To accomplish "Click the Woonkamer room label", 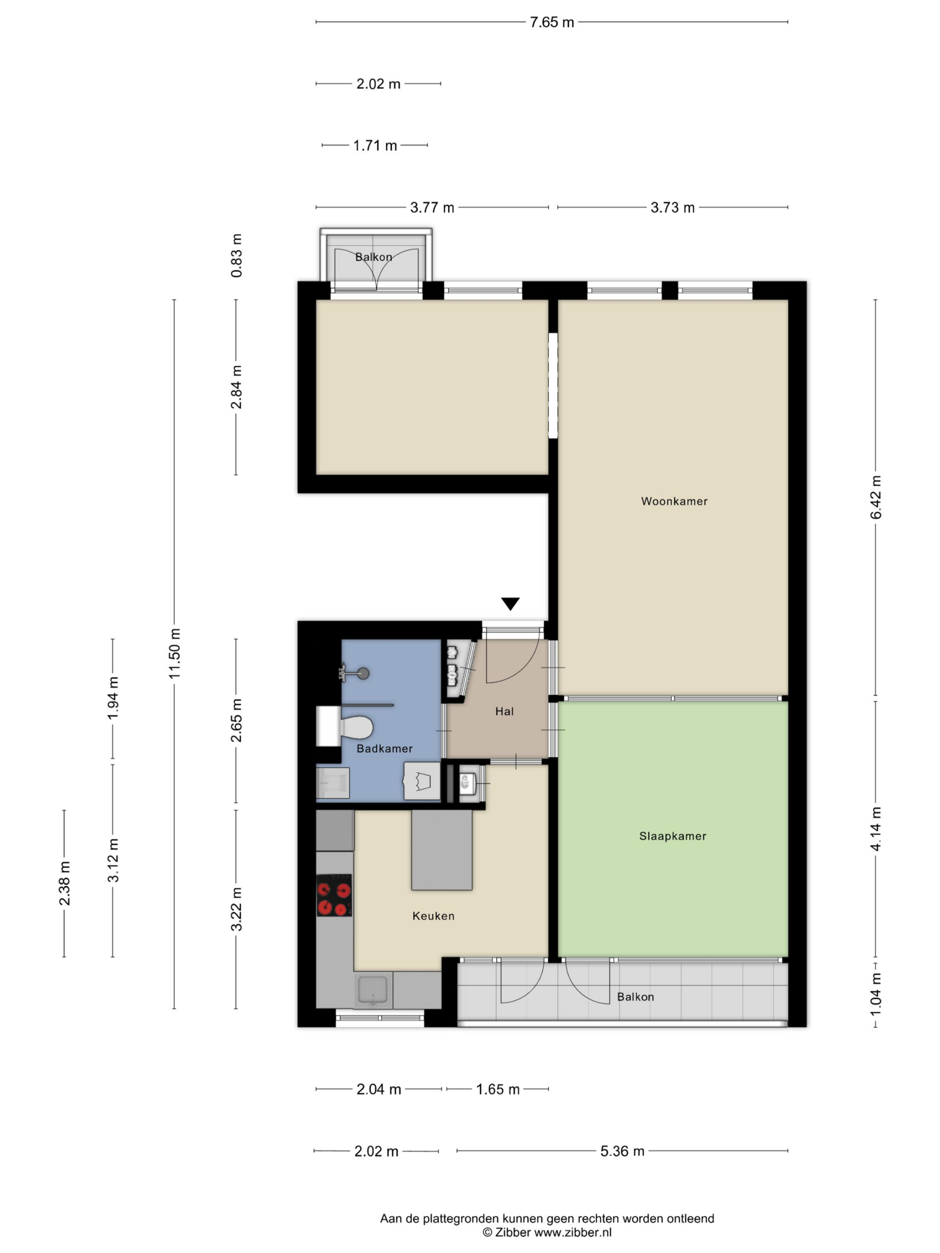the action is pyautogui.click(x=674, y=501).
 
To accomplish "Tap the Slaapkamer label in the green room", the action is pyautogui.click(x=673, y=836).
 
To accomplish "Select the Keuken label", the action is pyautogui.click(x=433, y=916).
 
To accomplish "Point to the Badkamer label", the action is pyautogui.click(x=385, y=748).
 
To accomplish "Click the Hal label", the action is pyautogui.click(x=504, y=712).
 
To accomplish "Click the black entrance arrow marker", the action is pyautogui.click(x=511, y=603).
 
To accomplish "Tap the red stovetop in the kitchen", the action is pyautogui.click(x=334, y=895).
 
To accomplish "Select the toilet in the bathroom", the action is pyautogui.click(x=356, y=727).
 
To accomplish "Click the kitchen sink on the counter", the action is pyautogui.click(x=372, y=991).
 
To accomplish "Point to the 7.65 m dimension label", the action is pyautogui.click(x=552, y=22).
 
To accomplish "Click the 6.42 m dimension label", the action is pyautogui.click(x=876, y=497).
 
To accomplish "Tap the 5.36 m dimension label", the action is pyautogui.click(x=622, y=1151).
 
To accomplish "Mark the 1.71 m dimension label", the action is pyautogui.click(x=375, y=145).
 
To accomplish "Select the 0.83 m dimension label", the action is pyautogui.click(x=236, y=255).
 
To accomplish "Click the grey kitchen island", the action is pyautogui.click(x=442, y=850).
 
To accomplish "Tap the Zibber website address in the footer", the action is pyautogui.click(x=573, y=1231).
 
